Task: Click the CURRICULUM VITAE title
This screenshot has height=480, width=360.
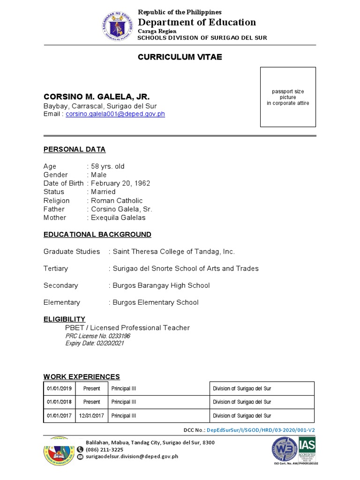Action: click(x=180, y=57)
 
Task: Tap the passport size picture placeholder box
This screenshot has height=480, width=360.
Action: click(x=288, y=97)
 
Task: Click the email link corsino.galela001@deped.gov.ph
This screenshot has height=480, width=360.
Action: click(x=115, y=114)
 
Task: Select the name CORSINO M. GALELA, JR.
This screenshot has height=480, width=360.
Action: click(x=97, y=97)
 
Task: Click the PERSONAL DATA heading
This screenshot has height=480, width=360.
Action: click(x=75, y=150)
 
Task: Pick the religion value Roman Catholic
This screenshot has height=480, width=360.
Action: click(x=117, y=201)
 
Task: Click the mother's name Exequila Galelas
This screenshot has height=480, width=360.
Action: click(x=118, y=217)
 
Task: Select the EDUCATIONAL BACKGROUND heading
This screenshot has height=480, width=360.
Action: click(x=97, y=234)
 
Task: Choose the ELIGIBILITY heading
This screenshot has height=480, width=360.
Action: click(x=64, y=319)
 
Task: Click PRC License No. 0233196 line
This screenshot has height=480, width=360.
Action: click(x=97, y=336)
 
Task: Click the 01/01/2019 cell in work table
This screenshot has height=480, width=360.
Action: click(x=59, y=389)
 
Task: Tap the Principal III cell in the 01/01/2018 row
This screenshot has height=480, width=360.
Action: click(x=124, y=402)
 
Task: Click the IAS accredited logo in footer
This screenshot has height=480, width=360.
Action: click(x=307, y=449)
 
